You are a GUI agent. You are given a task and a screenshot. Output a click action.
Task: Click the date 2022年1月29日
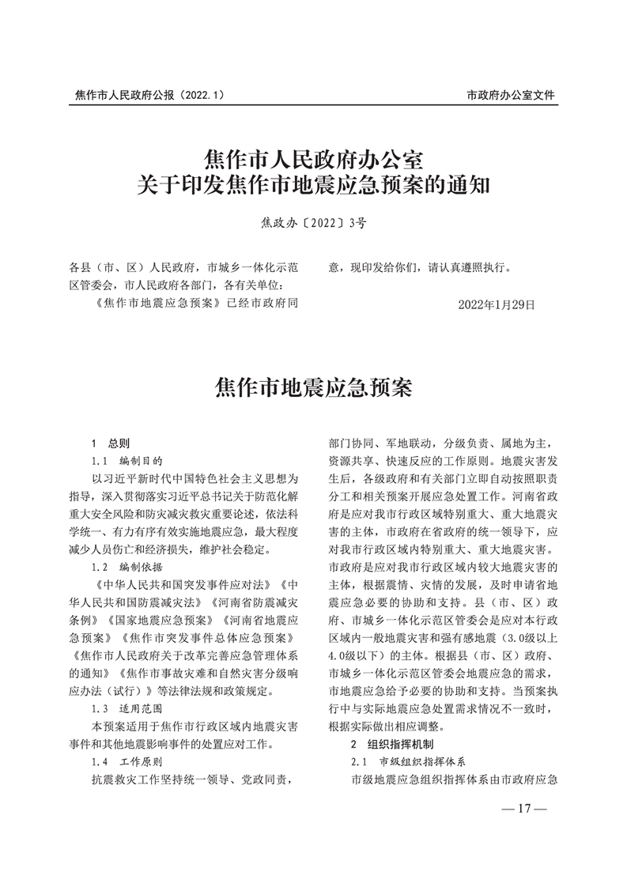coord(497,304)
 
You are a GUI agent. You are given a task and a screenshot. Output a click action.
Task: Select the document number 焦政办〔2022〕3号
coord(314,223)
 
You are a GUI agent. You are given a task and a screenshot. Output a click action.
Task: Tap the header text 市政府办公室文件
coord(511,95)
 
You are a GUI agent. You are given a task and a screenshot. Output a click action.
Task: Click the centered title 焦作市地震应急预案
coord(314,387)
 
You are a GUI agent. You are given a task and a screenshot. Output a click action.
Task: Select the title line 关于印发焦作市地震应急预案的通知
coord(314,187)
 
